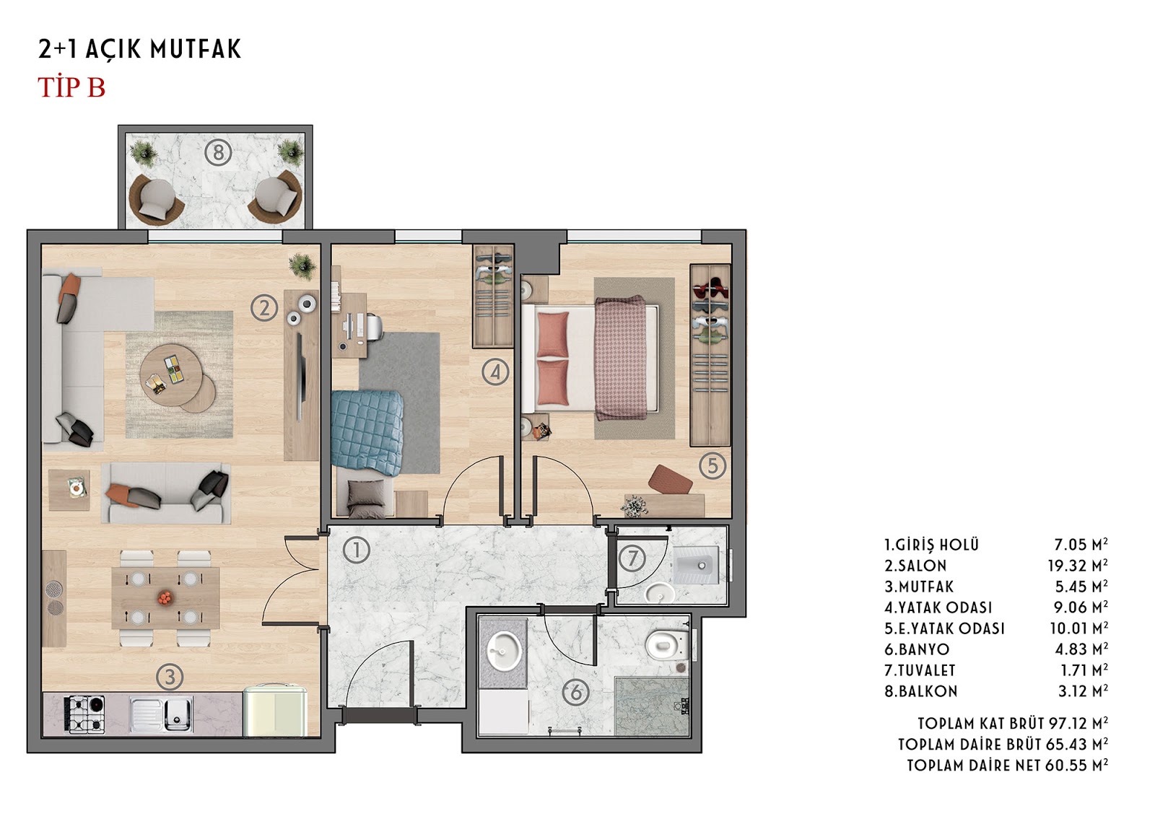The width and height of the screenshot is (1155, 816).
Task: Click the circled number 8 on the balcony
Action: click(x=218, y=152)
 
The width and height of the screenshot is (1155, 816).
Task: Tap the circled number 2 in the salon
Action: click(x=264, y=308)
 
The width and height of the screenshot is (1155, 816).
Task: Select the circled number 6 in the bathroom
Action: click(x=577, y=692)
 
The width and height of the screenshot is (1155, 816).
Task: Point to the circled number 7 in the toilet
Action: click(x=632, y=558)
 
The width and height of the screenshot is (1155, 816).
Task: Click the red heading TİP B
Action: click(x=71, y=87)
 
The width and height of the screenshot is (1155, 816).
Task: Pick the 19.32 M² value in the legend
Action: click(x=1078, y=566)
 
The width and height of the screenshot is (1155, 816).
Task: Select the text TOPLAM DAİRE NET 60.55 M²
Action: click(x=1008, y=765)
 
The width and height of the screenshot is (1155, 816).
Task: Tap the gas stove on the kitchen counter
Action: click(x=84, y=714)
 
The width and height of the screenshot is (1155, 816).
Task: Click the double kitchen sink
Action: click(x=162, y=714)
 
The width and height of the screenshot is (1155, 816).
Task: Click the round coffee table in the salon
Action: click(x=173, y=373)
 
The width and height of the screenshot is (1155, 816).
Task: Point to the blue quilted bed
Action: click(x=366, y=432)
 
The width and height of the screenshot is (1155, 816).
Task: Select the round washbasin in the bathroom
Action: click(x=503, y=652)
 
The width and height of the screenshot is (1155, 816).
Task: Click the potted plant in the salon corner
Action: click(x=302, y=266)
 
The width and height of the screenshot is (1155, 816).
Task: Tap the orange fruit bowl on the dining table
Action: click(x=165, y=598)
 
